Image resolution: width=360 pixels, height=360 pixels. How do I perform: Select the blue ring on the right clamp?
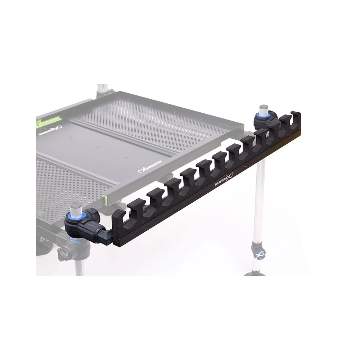pos(261,116)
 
